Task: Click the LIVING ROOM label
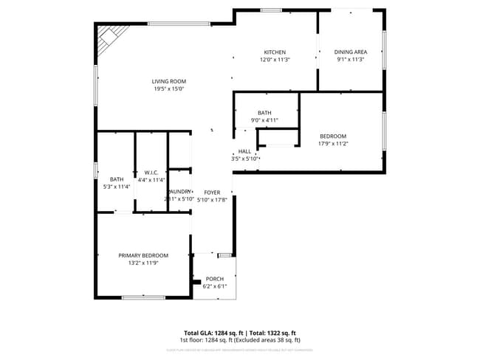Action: pyautogui.click(x=169, y=81)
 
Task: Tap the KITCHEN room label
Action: pyautogui.click(x=275, y=52)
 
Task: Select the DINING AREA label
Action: pyautogui.click(x=351, y=52)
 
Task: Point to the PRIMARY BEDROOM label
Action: pyautogui.click(x=143, y=255)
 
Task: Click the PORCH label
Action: pyautogui.click(x=214, y=279)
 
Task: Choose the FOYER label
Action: pyautogui.click(x=213, y=192)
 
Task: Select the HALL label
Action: pyautogui.click(x=244, y=151)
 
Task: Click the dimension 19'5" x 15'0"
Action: pyautogui.click(x=169, y=89)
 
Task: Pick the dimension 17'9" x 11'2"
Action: pyautogui.click(x=332, y=144)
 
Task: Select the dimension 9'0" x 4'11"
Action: pyautogui.click(x=264, y=120)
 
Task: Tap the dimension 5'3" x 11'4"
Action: pyautogui.click(x=117, y=187)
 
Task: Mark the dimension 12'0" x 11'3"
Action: pyautogui.click(x=275, y=60)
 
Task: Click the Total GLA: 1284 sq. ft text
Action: pyautogui.click(x=213, y=333)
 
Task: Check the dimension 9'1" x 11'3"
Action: pyautogui.click(x=351, y=60)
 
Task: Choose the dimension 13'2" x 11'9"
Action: pyautogui.click(x=143, y=263)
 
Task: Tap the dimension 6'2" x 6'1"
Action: pyautogui.click(x=214, y=286)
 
